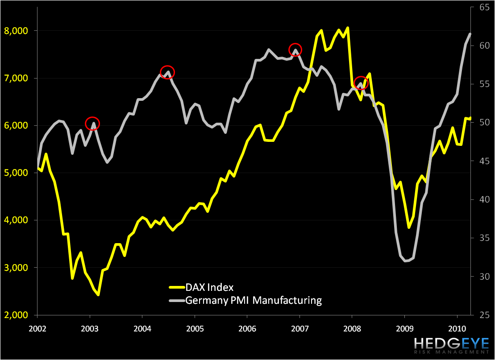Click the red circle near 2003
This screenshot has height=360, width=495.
pyautogui.click(x=92, y=124)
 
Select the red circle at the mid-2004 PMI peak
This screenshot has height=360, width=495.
pyautogui.click(x=167, y=72)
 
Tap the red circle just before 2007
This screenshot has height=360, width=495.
pyautogui.click(x=295, y=49)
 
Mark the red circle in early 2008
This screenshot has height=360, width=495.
pyautogui.click(x=361, y=83)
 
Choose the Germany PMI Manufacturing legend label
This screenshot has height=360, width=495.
pyautogui.click(x=254, y=300)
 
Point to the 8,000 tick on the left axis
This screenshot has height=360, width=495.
pyautogui.click(x=16, y=31)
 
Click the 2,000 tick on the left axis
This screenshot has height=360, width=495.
pyautogui.click(x=16, y=315)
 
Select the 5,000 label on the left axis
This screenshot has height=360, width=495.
pyautogui.click(x=16, y=173)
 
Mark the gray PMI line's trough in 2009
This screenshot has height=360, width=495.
pyautogui.click(x=405, y=261)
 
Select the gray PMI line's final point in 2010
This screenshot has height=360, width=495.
pyautogui.click(x=470, y=34)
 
